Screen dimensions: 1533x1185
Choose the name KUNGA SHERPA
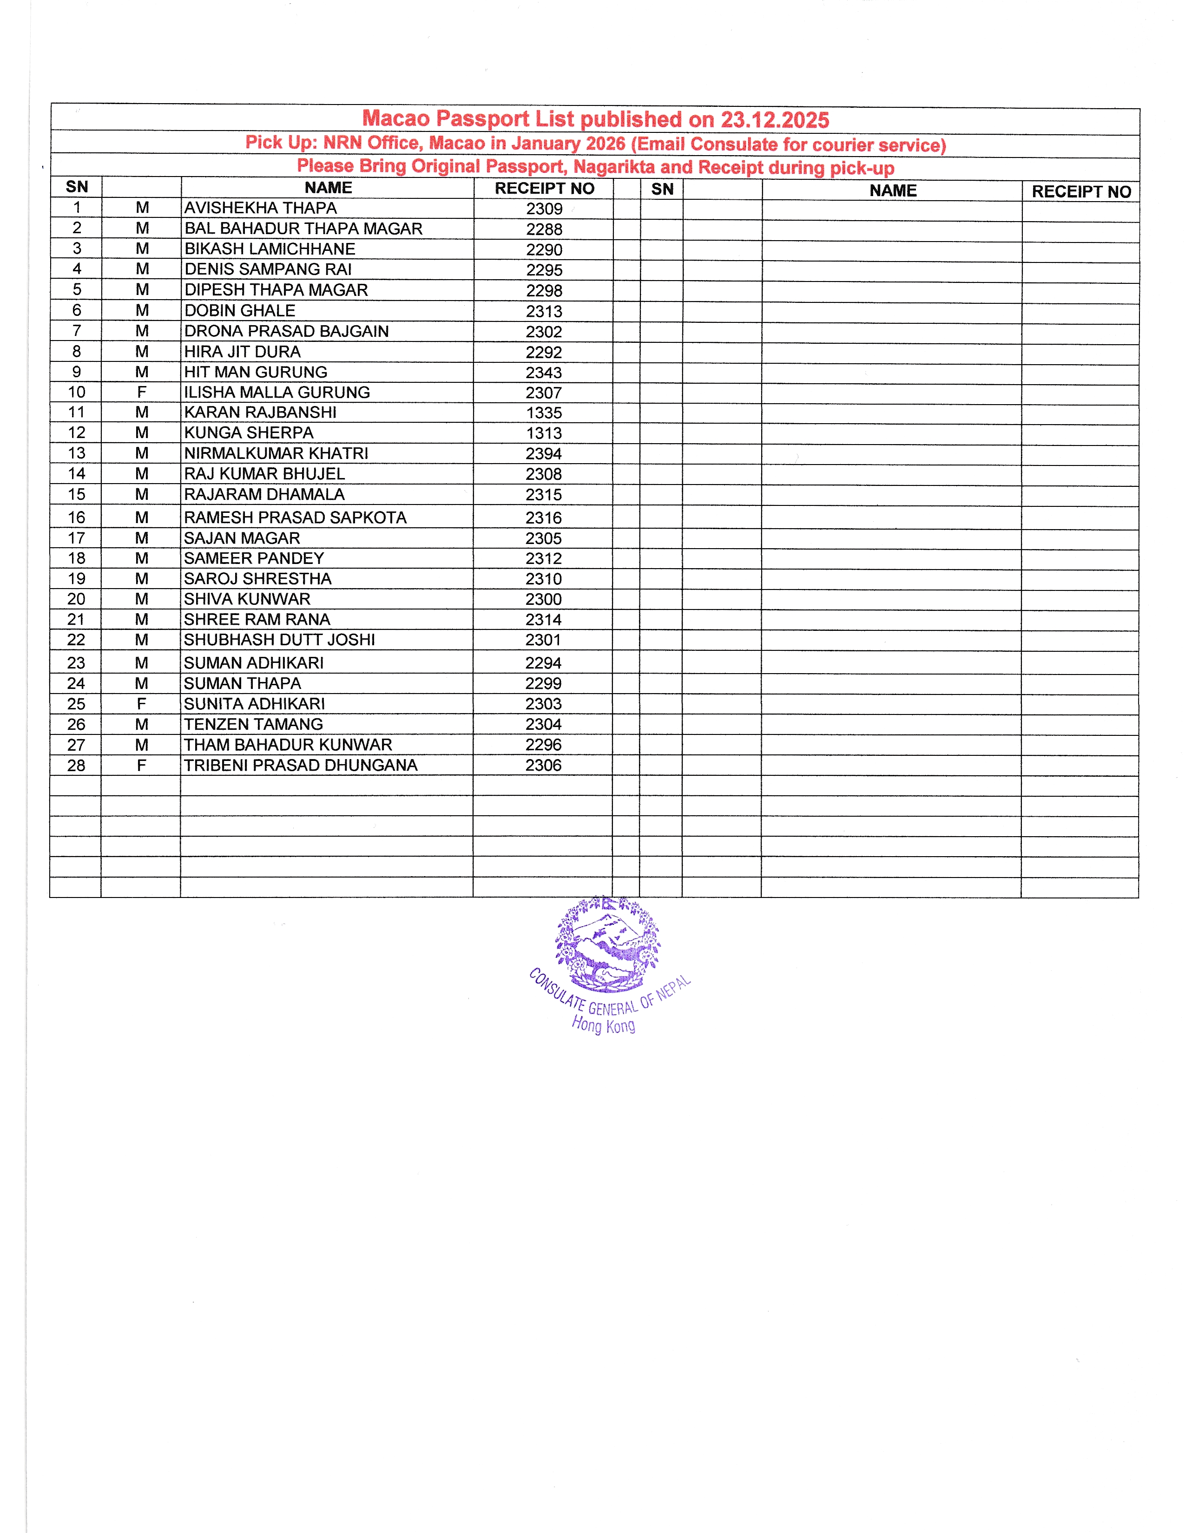pos(249,433)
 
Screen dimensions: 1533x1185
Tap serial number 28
pos(76,766)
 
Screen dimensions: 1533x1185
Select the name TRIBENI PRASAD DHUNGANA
pos(301,766)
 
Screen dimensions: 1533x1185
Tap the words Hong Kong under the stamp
pos(603,1025)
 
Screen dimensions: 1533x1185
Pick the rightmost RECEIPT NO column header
pos(1080,191)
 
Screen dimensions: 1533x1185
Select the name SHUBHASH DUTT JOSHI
pos(279,640)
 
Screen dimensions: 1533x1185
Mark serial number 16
pos(76,518)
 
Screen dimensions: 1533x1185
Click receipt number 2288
pos(544,229)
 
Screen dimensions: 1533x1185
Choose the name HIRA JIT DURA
pos(242,352)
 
